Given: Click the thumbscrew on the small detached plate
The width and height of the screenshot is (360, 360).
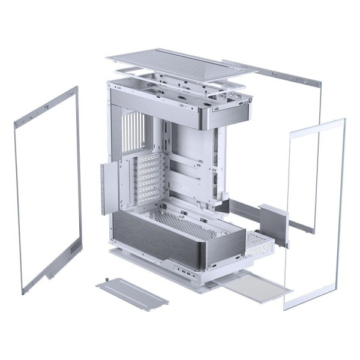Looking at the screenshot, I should pos(106,280).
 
